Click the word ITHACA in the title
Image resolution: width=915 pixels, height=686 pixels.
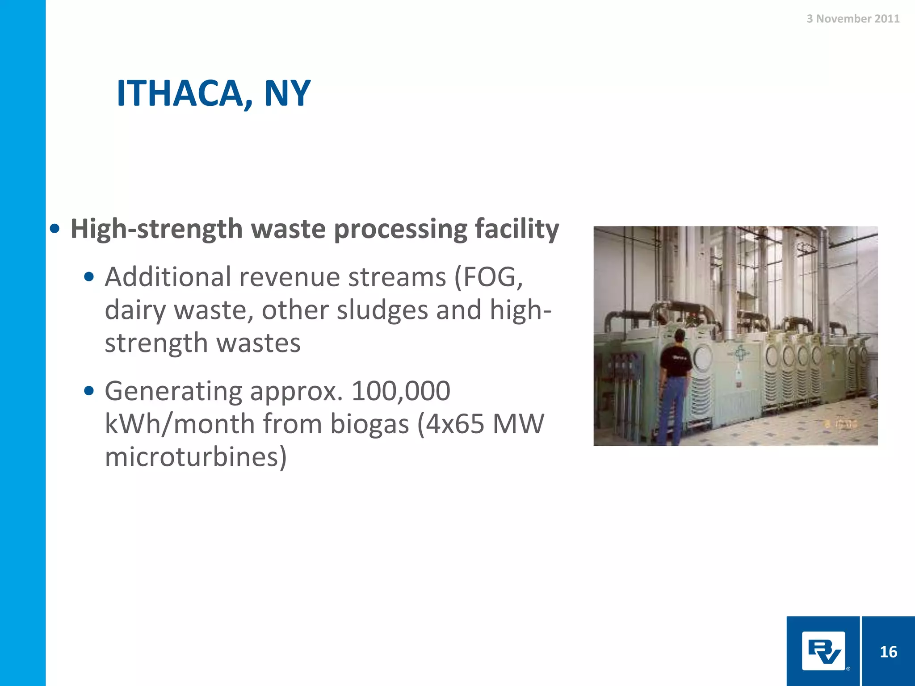179,93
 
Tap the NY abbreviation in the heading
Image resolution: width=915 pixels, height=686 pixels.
287,93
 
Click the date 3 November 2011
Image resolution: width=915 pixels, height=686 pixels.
853,19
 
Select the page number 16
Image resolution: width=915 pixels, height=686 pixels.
888,652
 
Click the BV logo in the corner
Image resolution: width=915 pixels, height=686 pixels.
823,651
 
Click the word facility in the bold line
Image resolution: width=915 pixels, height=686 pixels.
516,229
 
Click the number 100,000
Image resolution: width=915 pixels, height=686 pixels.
401,391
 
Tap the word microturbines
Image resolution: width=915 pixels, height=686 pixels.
195,457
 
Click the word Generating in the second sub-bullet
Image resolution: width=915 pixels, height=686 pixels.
173,391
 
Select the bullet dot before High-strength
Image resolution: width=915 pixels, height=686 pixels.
55,229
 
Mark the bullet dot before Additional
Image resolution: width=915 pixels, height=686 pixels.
89,277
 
